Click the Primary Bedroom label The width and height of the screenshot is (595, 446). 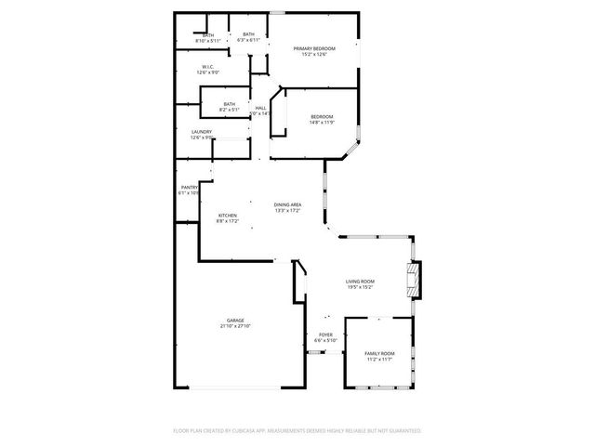click(313, 48)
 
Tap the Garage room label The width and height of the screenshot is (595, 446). click(235, 321)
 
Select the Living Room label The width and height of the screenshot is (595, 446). click(360, 282)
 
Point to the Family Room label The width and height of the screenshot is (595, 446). click(378, 353)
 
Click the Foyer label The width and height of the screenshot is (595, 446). click(325, 334)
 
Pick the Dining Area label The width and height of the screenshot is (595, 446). click(287, 204)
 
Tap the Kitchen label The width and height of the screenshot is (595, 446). click(228, 216)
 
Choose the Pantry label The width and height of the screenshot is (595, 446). click(189, 188)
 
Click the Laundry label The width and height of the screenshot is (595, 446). click(202, 132)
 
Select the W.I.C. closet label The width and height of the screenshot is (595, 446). click(208, 67)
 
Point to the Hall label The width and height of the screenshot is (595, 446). click(260, 108)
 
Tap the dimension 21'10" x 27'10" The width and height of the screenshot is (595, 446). click(235, 326)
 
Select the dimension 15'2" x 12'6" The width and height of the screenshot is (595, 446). click(313, 54)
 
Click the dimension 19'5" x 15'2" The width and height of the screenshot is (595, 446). click(360, 287)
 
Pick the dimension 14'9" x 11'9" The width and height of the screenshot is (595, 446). click(322, 122)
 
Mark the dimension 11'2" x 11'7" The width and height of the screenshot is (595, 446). click(378, 359)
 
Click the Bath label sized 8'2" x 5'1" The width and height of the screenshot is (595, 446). click(229, 104)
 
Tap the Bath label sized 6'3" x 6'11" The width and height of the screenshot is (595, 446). click(248, 34)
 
